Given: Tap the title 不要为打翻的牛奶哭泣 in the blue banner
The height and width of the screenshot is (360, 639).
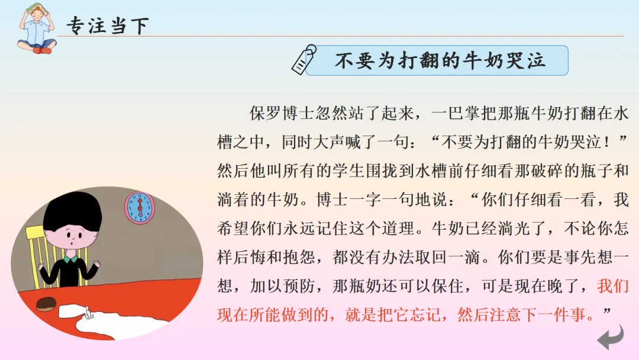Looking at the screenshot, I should (440, 60).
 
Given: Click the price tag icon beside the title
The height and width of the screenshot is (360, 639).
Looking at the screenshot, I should (304, 59).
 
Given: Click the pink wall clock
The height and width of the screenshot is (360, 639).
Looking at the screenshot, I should (139, 207).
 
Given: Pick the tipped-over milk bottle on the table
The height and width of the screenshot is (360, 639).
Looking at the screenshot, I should (76, 310).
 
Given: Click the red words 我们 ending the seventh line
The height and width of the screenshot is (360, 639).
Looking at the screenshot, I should (613, 286).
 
